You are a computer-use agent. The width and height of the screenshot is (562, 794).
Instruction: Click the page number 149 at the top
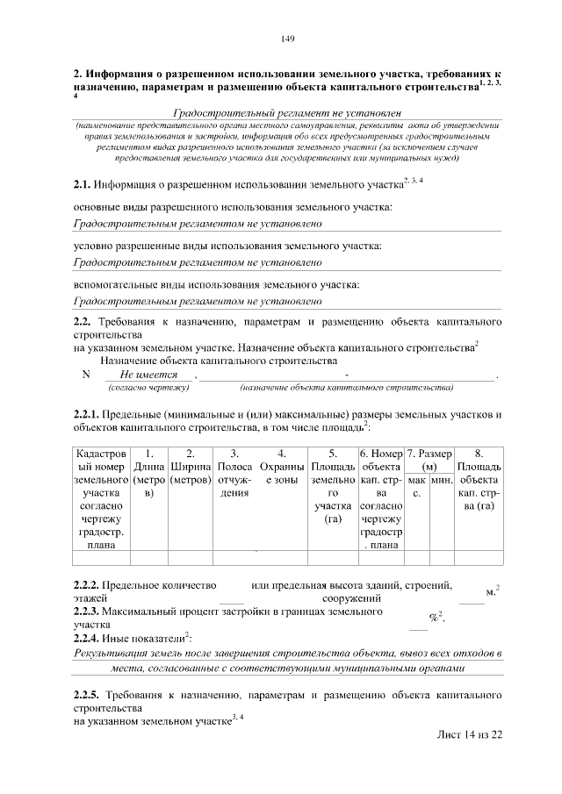point(286,39)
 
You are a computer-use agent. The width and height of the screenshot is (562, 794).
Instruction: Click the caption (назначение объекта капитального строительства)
point(346,387)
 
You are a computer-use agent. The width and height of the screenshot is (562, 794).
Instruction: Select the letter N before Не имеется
point(85,375)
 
